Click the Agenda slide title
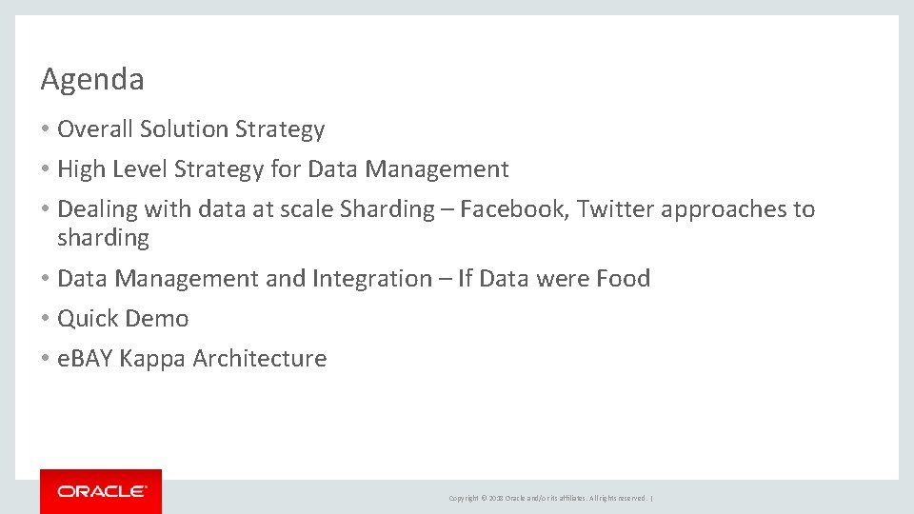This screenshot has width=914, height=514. point(92,80)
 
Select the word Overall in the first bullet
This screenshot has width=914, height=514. point(95,129)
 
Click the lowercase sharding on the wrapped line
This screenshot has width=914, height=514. point(103,238)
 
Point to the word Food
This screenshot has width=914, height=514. point(623,279)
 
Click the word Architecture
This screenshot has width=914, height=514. point(259,359)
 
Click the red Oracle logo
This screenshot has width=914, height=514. point(101,491)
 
